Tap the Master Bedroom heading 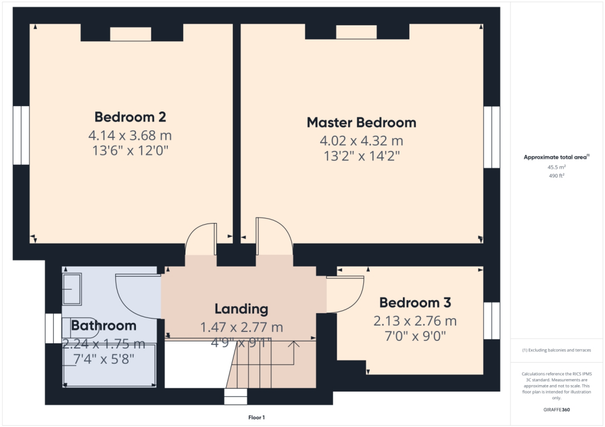(x=361, y=123)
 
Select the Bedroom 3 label (x=415, y=303)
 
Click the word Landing (x=241, y=308)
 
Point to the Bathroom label (x=103, y=326)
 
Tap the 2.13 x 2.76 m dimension (x=415, y=321)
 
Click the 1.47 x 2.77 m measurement (x=241, y=327)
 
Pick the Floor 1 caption (x=256, y=417)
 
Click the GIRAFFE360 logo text (x=557, y=409)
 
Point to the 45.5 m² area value (x=557, y=167)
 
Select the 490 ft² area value (x=557, y=175)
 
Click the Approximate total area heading (x=557, y=157)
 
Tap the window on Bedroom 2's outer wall (x=21, y=136)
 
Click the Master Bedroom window (x=492, y=137)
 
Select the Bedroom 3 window (x=492, y=321)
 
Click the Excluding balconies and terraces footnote (x=557, y=350)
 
